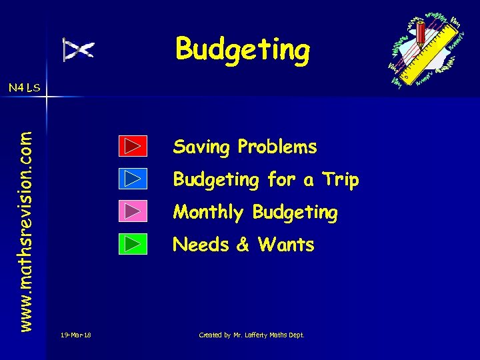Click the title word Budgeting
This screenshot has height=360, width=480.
[x=243, y=49]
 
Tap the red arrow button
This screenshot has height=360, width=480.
[x=133, y=146]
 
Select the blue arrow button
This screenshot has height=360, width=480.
[x=133, y=179]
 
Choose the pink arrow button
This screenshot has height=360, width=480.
[x=133, y=211]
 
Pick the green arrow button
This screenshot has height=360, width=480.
[x=133, y=244]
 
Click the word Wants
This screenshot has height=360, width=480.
[x=285, y=245]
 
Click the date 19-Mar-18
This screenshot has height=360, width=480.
[x=75, y=335]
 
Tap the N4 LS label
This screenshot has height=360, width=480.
[x=24, y=87]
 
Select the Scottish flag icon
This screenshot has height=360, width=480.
[x=79, y=49]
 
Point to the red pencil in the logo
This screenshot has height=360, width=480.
[x=421, y=33]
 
